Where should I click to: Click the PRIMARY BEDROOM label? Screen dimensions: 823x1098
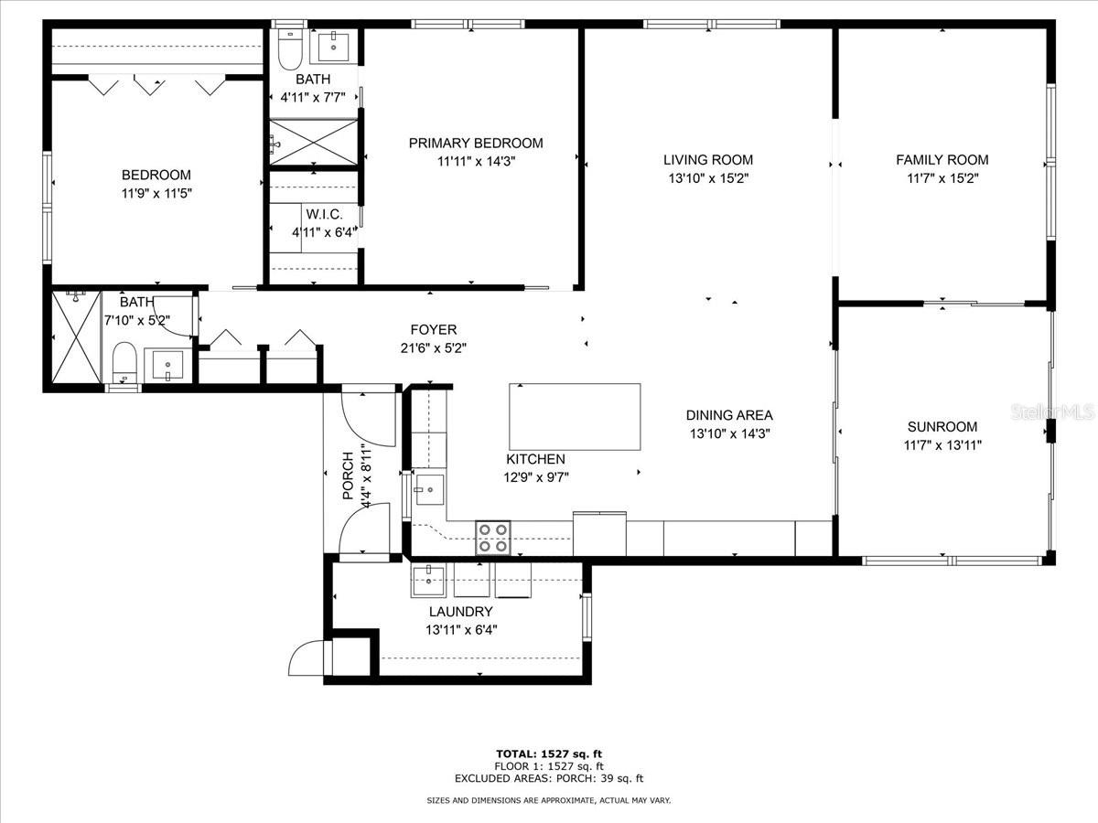click(x=475, y=143)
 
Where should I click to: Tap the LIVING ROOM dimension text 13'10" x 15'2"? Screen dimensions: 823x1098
click(x=708, y=178)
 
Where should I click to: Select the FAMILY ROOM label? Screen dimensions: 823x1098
click(x=942, y=160)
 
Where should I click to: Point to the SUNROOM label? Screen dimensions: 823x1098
click(x=942, y=426)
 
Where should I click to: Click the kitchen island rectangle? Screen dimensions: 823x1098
click(x=574, y=416)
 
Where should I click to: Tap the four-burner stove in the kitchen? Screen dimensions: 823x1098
click(x=492, y=538)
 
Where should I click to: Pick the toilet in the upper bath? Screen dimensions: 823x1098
click(x=290, y=52)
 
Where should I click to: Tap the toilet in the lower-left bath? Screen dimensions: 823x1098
click(x=124, y=363)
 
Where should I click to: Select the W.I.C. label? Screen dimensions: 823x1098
click(x=318, y=214)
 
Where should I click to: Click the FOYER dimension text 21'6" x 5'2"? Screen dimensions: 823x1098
click(x=434, y=347)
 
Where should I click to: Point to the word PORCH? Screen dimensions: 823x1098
click(x=348, y=476)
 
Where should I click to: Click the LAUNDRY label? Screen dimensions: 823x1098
click(x=460, y=612)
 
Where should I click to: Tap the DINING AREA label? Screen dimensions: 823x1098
click(x=729, y=415)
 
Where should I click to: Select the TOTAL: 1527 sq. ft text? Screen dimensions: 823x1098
click(x=548, y=754)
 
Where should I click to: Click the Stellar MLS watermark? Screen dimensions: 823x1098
click(x=1052, y=413)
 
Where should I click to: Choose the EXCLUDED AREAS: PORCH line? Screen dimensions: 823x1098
click(x=548, y=779)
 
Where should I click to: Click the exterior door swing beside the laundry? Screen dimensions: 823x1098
click(x=305, y=658)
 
